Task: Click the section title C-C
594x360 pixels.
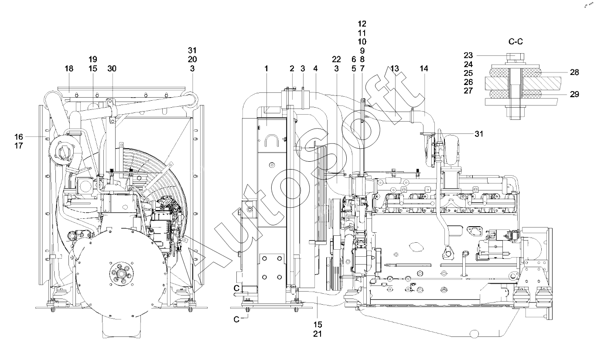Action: pos(516,41)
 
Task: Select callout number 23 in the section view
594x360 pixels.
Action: pos(468,55)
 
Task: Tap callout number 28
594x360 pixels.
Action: pos(574,72)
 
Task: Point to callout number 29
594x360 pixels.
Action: pos(574,94)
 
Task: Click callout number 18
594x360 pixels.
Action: pos(69,68)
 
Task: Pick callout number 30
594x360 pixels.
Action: pos(112,68)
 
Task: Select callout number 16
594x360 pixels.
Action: pos(19,137)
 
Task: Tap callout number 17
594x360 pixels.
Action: pos(19,146)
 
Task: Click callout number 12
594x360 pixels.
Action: pos(362,24)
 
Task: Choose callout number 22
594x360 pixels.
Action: pos(336,59)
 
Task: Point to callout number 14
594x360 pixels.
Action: pos(424,68)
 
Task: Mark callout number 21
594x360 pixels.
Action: pos(317,334)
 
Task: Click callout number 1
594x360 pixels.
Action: pos(266,68)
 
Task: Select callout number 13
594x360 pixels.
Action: pos(395,68)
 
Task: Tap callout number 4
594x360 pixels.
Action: pos(315,68)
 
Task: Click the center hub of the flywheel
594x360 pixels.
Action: pos(121,273)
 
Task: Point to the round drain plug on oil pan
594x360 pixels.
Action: pos(474,333)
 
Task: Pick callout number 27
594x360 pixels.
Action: pos(468,91)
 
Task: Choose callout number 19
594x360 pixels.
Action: pos(93,59)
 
